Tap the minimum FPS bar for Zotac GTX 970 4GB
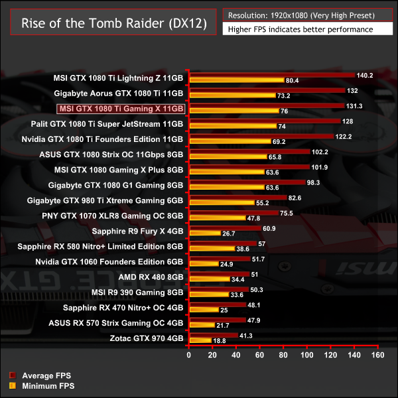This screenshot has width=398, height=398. pos(200,340)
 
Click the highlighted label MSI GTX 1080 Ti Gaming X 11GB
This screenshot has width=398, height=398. pos(120,108)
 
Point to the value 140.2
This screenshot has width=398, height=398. pos(365,75)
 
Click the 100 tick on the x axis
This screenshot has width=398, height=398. pos(307,356)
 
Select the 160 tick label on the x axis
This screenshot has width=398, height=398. pos(377,356)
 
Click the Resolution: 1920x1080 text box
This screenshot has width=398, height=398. pos(306,15)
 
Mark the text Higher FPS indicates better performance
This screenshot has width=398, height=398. pos(300,29)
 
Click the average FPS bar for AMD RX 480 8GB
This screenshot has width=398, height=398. pos(219,273)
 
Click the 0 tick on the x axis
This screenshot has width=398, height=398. pos(189,356)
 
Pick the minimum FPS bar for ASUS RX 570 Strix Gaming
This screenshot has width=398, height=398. pos(202,325)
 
